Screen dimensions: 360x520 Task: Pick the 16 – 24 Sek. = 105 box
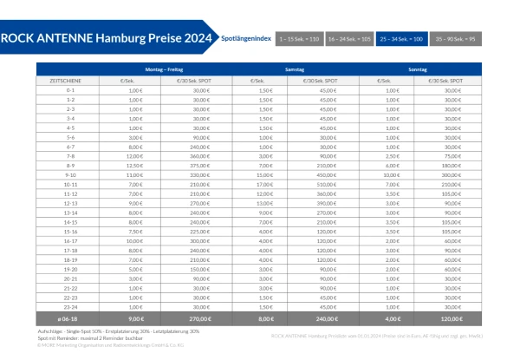(351, 40)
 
